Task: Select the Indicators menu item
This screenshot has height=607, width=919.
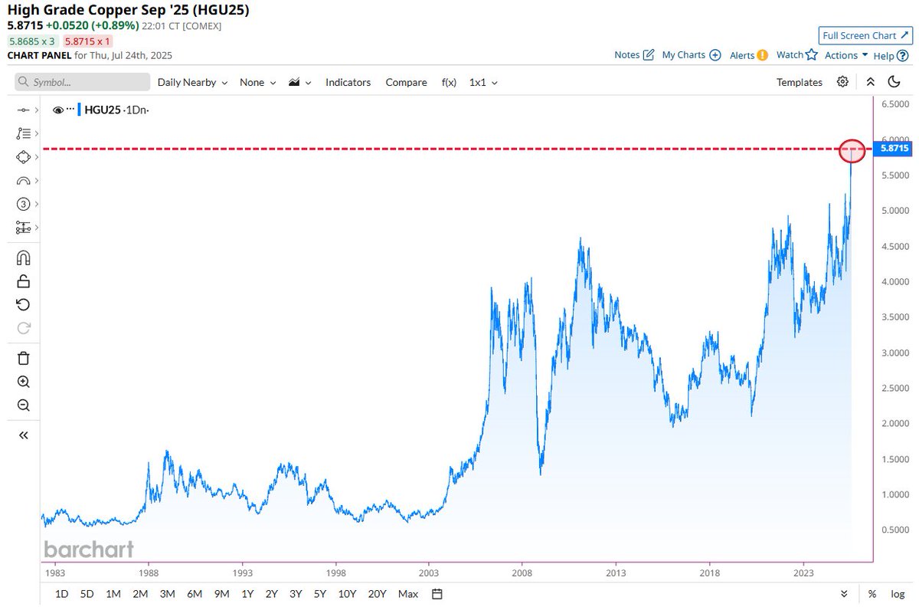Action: (x=348, y=82)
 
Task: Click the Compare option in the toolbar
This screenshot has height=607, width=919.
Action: (x=406, y=82)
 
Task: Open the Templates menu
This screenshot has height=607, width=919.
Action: (x=799, y=82)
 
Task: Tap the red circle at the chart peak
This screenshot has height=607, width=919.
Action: (x=852, y=150)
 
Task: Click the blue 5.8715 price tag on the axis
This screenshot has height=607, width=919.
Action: (x=893, y=148)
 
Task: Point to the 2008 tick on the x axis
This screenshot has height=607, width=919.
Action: (x=522, y=573)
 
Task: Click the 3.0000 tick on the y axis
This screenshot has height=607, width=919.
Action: (x=894, y=353)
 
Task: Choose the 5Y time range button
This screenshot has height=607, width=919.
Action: (x=319, y=594)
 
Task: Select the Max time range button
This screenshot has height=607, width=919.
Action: (x=408, y=594)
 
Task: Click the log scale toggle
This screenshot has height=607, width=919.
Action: (x=897, y=594)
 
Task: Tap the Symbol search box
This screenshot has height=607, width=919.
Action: (x=83, y=82)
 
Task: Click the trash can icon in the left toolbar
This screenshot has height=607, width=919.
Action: (x=23, y=358)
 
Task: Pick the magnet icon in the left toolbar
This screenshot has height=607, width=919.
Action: (x=23, y=258)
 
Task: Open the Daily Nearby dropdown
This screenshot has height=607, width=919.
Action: (x=192, y=82)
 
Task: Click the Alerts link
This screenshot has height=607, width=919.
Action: (x=748, y=55)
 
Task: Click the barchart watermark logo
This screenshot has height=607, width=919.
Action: (x=89, y=549)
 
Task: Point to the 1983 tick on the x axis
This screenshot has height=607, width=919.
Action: (x=54, y=573)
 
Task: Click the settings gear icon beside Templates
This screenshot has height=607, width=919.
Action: (x=842, y=82)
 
